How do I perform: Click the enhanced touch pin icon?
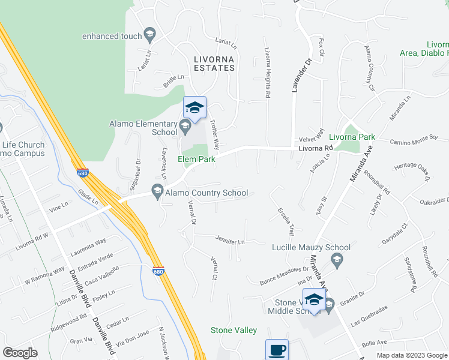pos(150,36)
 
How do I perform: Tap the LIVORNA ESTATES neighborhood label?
pos(214,64)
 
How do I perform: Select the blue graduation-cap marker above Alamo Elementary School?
pos(194,108)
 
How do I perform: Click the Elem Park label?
pos(196,159)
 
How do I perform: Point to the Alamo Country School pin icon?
pos(158,192)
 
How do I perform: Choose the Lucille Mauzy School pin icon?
pos(336,259)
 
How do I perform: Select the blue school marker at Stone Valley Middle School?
pos(314,299)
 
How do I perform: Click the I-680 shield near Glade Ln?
pos(83,173)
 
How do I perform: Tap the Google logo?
pos(20,352)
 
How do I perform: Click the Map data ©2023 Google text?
pos(411,355)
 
